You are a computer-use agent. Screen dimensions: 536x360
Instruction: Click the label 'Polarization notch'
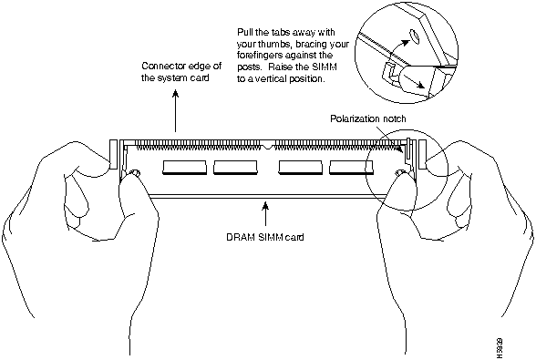pos(368,118)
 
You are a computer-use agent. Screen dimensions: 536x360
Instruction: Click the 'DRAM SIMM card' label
pos(265,237)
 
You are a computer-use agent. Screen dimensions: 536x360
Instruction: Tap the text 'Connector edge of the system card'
pos(181,71)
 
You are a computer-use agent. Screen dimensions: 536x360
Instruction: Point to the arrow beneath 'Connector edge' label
pos(175,111)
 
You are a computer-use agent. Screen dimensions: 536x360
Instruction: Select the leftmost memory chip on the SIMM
pos(184,168)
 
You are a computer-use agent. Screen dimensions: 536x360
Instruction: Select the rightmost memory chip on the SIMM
pos(352,168)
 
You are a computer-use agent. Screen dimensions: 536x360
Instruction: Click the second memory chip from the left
pos(235,168)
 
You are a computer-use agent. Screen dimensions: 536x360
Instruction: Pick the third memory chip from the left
pos(301,168)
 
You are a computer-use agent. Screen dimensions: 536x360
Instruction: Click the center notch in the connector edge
pos(267,146)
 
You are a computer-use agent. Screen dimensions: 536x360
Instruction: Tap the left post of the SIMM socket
pos(113,154)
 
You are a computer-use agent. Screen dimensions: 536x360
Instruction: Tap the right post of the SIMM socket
pos(423,154)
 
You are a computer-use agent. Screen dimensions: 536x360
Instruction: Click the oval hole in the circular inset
pos(414,36)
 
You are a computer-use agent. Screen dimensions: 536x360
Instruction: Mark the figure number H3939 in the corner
pos(500,347)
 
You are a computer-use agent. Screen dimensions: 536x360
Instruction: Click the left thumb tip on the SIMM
pos(131,176)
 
